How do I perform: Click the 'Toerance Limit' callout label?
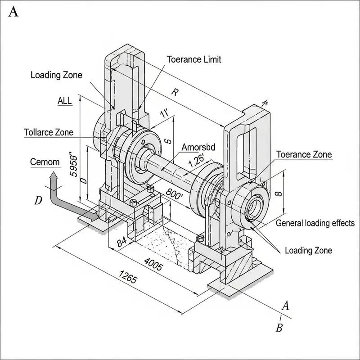coord(194,59)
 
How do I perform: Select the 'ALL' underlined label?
coord(64,101)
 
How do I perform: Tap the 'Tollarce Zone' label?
coord(48,132)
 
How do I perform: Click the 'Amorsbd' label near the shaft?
coord(198,147)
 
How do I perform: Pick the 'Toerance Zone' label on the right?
coord(304,154)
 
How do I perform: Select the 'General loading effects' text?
coord(315,223)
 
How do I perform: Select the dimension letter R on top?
coord(175,93)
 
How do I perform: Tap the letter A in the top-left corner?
coord(13,12)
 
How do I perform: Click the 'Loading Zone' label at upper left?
coord(56,75)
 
